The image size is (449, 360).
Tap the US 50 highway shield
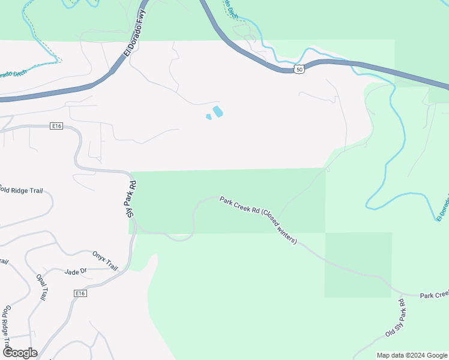[299, 70]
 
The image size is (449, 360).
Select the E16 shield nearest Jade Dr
[81, 293]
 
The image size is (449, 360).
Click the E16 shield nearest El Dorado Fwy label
[56, 126]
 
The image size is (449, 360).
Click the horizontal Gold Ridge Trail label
[22, 190]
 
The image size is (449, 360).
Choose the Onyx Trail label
[105, 260]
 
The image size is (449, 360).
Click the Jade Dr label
[76, 272]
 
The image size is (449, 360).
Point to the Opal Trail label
[41, 287]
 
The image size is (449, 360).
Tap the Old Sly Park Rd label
[396, 318]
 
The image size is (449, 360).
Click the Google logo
[19, 353]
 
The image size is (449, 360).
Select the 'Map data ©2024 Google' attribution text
[411, 355]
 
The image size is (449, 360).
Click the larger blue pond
[218, 112]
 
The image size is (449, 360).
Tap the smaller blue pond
[209, 116]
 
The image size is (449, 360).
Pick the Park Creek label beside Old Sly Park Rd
[433, 295]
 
